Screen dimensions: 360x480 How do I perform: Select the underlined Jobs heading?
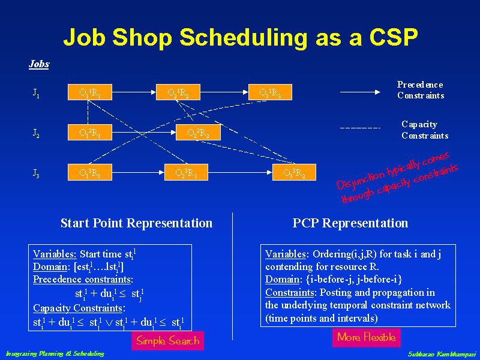tap(39, 64)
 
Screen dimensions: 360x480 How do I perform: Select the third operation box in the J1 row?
tap(274, 92)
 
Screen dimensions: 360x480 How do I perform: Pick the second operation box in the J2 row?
tap(199, 133)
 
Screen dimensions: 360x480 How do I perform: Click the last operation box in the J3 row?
tap(298, 173)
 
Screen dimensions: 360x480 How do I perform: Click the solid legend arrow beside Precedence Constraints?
tap(361, 92)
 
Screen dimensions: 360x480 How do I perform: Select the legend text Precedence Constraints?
tap(420, 90)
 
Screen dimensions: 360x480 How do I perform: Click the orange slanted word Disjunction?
tap(360, 179)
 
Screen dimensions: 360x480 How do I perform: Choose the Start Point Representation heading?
tap(136, 223)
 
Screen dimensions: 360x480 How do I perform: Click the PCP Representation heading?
tap(350, 223)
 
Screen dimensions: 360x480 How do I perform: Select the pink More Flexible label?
tap(366, 337)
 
